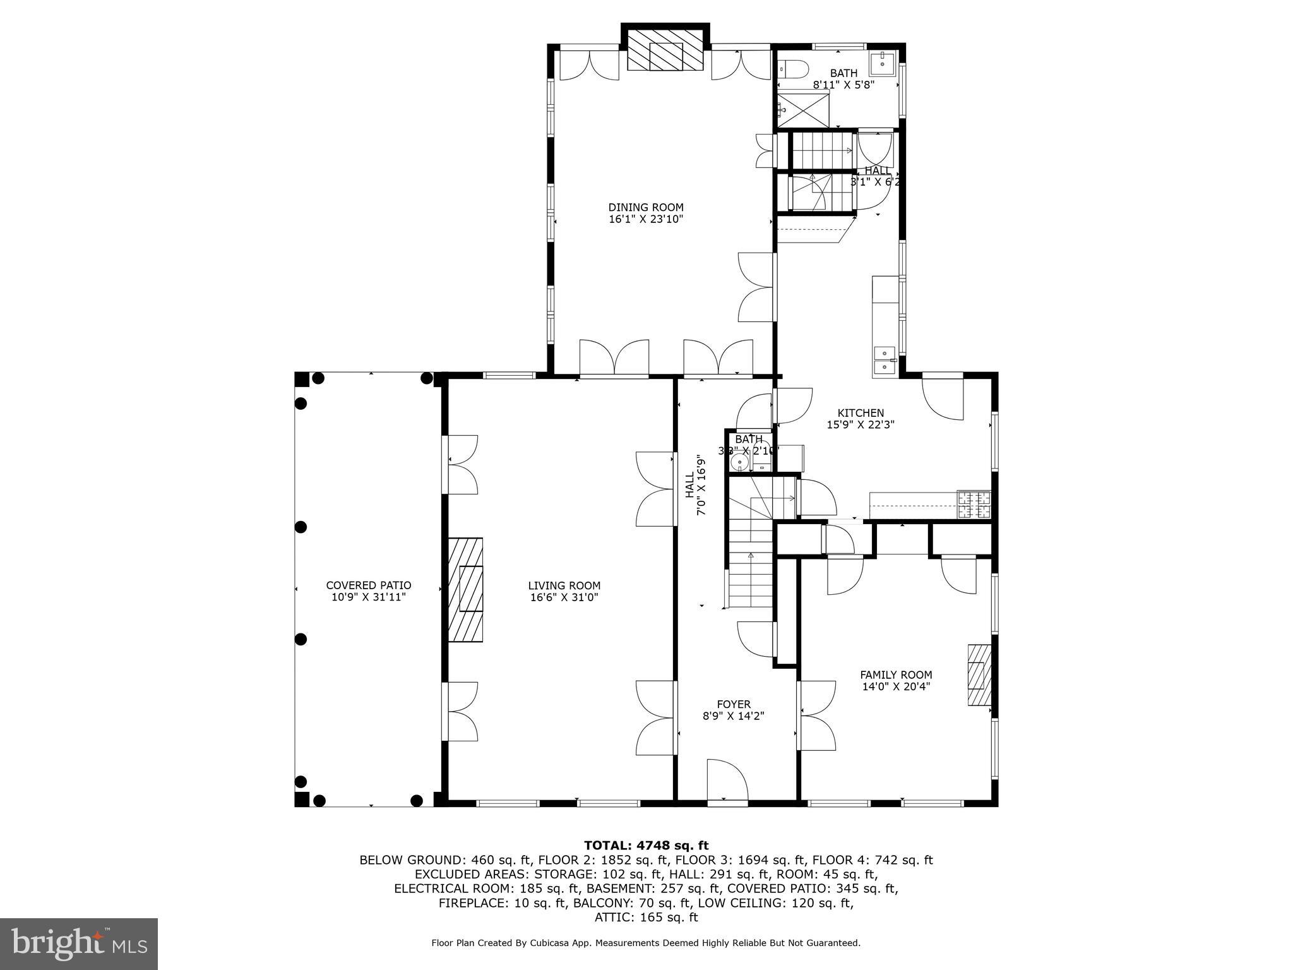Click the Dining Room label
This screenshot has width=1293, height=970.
(x=646, y=207)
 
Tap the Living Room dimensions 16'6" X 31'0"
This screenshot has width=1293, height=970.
(x=564, y=597)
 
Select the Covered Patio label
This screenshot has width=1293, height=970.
(x=369, y=585)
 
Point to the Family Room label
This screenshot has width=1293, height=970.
(x=896, y=674)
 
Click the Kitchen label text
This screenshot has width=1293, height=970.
(x=861, y=413)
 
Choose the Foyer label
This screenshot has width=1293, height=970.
(x=734, y=704)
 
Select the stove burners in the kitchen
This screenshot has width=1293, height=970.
(x=974, y=505)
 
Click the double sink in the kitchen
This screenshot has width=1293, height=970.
(x=885, y=361)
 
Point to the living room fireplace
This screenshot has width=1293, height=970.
(x=466, y=589)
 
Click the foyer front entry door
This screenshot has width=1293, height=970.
(x=727, y=782)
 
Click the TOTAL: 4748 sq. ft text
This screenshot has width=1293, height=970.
(x=646, y=846)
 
